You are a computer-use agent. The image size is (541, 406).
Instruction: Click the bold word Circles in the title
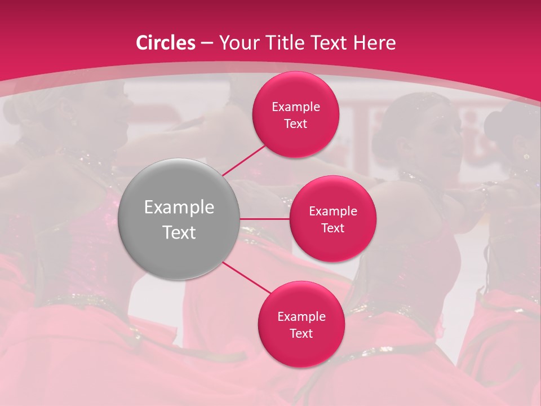166,43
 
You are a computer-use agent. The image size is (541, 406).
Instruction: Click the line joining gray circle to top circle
245,160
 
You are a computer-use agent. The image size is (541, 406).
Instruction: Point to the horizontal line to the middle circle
265,219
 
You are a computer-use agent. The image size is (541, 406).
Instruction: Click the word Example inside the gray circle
179,208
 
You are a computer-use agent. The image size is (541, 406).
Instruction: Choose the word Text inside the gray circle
179,232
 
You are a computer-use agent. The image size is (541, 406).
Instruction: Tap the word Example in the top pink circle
296,107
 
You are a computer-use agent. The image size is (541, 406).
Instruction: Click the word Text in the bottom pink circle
301,334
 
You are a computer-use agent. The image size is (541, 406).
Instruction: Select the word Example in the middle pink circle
333,211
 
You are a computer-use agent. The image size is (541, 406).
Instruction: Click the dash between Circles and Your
207,43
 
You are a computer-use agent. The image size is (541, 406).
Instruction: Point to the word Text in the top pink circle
295,124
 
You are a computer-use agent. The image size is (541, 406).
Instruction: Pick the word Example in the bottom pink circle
301,317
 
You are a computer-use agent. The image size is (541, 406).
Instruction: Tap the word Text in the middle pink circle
332,228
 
